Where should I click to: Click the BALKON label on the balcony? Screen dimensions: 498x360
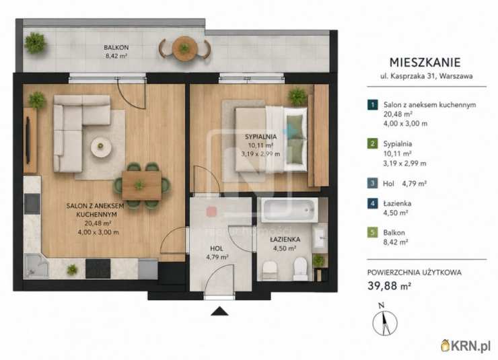[x=116, y=48]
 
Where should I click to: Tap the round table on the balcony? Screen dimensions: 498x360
[x=185, y=48]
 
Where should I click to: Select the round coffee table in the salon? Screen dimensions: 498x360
[x=101, y=147]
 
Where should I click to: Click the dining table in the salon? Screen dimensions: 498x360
[x=141, y=186]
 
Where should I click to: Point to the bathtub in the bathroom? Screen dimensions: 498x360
[x=289, y=210]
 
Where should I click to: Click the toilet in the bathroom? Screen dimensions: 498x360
[x=300, y=269]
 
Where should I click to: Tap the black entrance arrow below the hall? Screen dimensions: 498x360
[x=219, y=311]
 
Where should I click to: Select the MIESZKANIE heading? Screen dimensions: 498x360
[x=425, y=62]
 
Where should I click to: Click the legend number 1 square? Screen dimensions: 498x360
[x=373, y=105]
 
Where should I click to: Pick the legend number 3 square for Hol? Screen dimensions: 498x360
[x=373, y=183]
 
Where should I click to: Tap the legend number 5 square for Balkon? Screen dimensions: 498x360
[x=373, y=232]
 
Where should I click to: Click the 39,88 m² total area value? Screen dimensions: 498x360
[x=390, y=286]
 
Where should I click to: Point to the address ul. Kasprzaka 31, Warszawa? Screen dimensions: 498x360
[x=427, y=76]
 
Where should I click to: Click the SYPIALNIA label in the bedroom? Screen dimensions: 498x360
[x=260, y=137]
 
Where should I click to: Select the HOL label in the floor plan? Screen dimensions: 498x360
[x=217, y=248]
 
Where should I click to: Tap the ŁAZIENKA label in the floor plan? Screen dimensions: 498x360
[x=285, y=240]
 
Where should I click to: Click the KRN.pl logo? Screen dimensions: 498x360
[x=466, y=346]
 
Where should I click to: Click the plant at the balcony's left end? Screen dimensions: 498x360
[x=35, y=43]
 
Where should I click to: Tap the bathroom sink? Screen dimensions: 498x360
[x=319, y=236]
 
